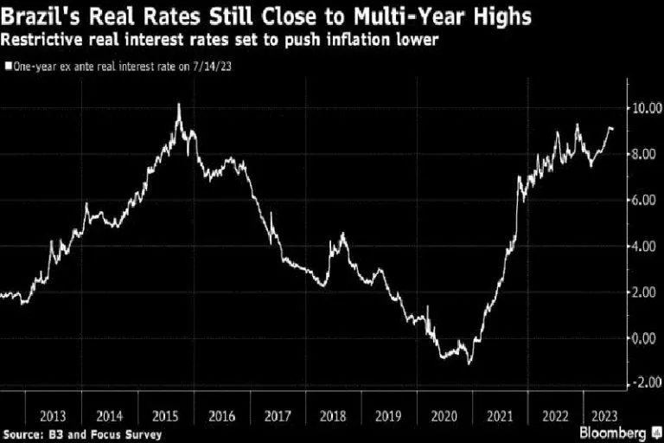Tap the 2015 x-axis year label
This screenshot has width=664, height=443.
(x=164, y=415)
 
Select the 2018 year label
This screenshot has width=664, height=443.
(x=334, y=415)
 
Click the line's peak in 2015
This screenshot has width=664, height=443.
(x=178, y=105)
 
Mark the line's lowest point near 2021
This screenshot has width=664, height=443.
(x=469, y=363)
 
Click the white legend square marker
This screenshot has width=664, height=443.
(x=9, y=65)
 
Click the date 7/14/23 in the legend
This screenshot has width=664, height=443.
(x=215, y=65)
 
